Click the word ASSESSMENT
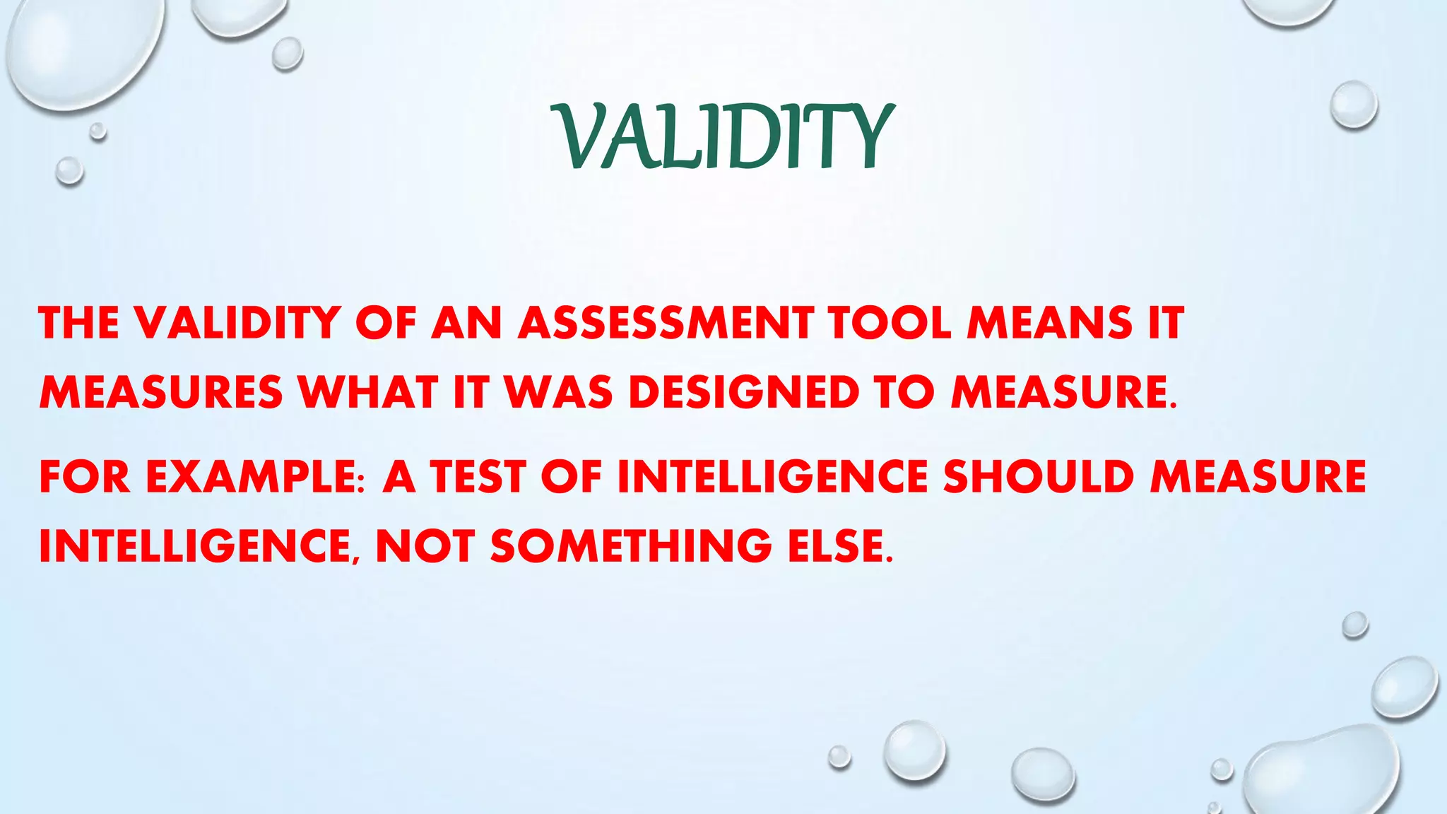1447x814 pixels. (666, 323)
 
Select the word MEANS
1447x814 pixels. (1050, 323)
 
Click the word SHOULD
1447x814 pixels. (1039, 476)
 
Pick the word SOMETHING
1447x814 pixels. (631, 546)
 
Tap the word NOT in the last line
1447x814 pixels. (425, 546)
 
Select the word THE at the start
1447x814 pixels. (78, 323)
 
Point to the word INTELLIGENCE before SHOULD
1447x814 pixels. (772, 476)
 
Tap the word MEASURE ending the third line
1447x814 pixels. (1258, 476)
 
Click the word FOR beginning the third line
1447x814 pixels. (85, 476)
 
